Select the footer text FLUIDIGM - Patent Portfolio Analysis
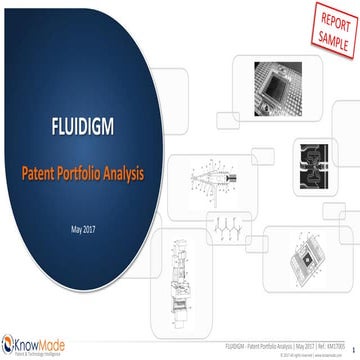click(243, 342)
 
